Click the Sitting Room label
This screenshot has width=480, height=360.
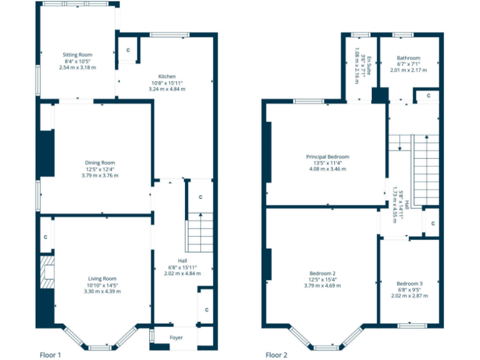pyautogui.click(x=77, y=55)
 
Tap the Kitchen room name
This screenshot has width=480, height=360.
pyautogui.click(x=167, y=76)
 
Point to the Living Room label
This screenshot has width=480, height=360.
pyautogui.click(x=101, y=279)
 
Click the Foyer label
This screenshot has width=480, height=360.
pyautogui.click(x=177, y=337)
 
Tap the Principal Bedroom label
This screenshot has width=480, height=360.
pyautogui.click(x=327, y=156)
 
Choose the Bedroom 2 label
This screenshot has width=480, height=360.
pyautogui.click(x=322, y=273)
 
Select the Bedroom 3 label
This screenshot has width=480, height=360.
pyautogui.click(x=409, y=283)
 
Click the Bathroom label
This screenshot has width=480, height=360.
pyautogui.click(x=408, y=58)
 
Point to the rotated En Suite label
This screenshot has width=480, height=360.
pyautogui.click(x=369, y=62)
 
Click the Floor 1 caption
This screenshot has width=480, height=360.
pyautogui.click(x=50, y=354)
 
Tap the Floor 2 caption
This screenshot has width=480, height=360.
pyautogui.click(x=276, y=354)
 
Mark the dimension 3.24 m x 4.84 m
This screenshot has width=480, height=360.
pyautogui.click(x=167, y=89)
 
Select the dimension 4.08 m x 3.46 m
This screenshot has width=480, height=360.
pyautogui.click(x=327, y=169)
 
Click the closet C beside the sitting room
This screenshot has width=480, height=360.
pyautogui.click(x=128, y=49)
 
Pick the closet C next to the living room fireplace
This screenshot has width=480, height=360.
pyautogui.click(x=46, y=237)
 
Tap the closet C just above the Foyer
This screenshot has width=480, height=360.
pyautogui.click(x=206, y=309)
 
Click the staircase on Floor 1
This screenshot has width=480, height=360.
pyautogui.click(x=200, y=232)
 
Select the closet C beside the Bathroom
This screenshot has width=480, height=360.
pyautogui.click(x=427, y=96)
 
